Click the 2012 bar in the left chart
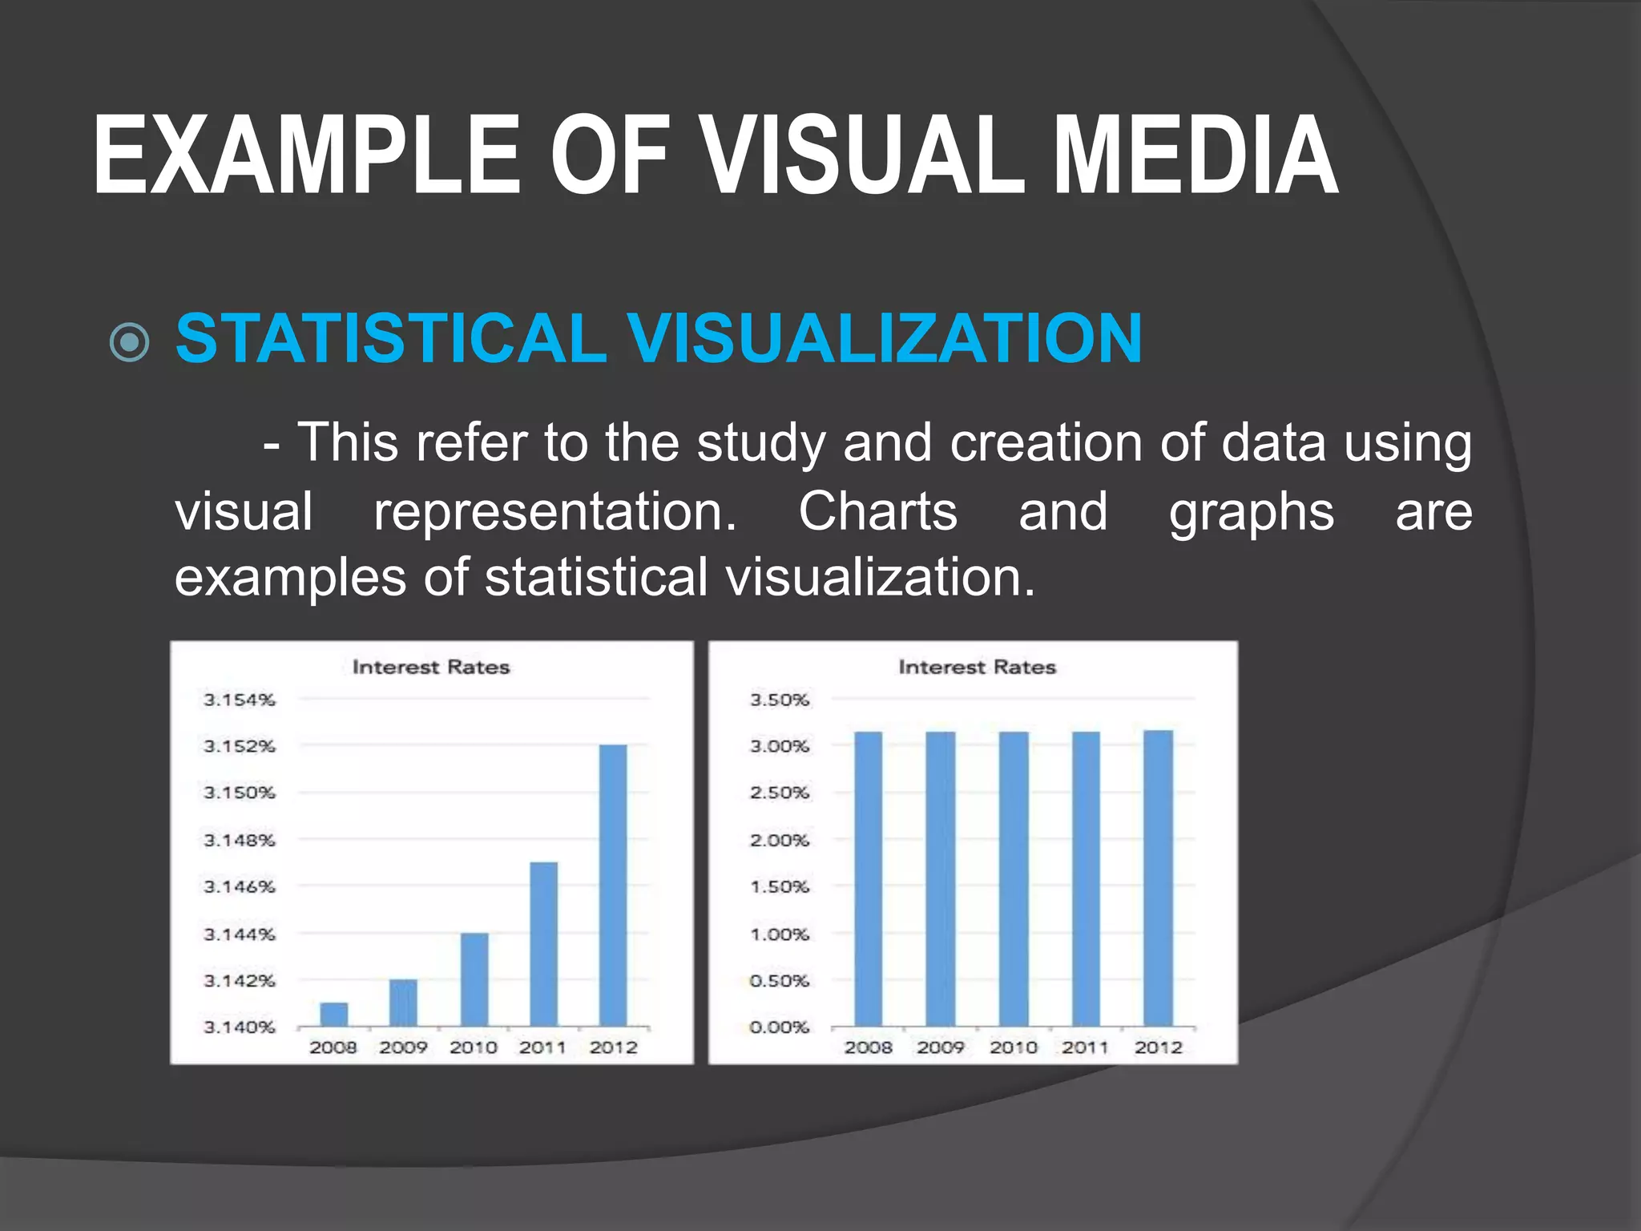613,886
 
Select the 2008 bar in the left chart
333,1014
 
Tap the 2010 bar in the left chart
474,979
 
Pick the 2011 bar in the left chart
544,944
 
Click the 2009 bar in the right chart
940,878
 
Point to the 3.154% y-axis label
240,700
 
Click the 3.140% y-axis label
240,1027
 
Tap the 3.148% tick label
240,840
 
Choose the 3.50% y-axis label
779,700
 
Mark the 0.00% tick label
779,1027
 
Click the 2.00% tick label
779,840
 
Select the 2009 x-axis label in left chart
403,1047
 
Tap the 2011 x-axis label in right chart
1085,1047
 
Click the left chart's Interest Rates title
431,667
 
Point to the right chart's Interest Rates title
977,667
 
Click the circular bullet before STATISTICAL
129,343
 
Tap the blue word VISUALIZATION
885,338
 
